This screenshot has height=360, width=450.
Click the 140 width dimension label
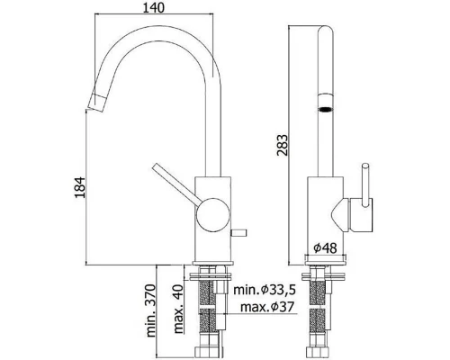click(x=153, y=7)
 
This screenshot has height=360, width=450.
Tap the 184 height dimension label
click(x=80, y=187)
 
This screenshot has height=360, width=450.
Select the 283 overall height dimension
click(x=282, y=145)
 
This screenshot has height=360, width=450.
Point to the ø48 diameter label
click(x=326, y=248)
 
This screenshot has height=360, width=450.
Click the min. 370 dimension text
click(x=150, y=310)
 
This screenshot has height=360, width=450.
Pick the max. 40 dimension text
click(x=178, y=310)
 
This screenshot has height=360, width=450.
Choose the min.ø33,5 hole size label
click(x=265, y=290)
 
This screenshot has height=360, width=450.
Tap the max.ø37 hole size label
click(x=267, y=307)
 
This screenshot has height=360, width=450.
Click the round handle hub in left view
click(x=213, y=214)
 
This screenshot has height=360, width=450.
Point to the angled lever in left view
click(x=175, y=184)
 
